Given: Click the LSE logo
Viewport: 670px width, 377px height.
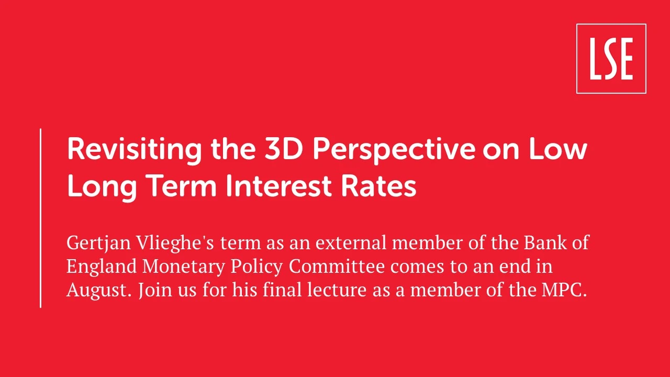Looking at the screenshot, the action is pos(611,59).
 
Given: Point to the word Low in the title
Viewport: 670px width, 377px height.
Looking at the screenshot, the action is pos(558,149).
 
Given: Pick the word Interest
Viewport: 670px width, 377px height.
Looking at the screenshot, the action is pos(278,186).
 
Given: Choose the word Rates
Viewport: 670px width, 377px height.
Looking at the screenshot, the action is pos(378,186).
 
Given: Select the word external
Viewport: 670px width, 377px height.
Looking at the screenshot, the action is pos(351,242).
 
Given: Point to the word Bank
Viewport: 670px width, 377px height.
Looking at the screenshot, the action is pos(545,242).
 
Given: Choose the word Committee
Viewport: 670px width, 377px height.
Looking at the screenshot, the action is pos(337,266).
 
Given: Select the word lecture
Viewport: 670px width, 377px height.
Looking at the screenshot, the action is pos(337,290).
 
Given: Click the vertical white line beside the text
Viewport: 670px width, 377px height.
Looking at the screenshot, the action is pos(40,218).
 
